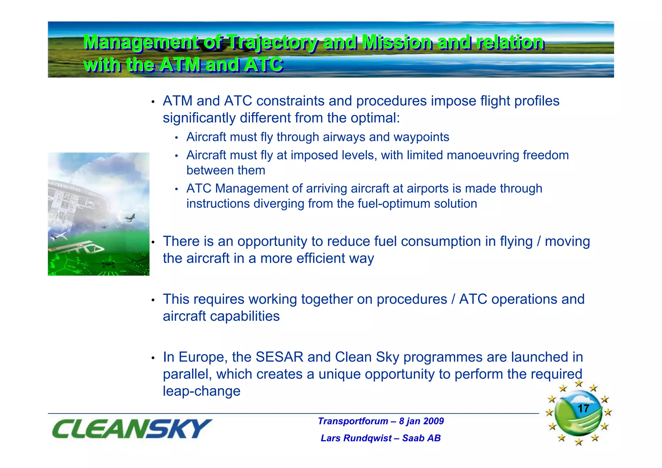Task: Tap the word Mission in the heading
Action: coord(396,42)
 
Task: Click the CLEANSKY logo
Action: coord(132,429)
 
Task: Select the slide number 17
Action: coord(583,408)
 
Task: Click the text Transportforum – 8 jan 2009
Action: coord(380,421)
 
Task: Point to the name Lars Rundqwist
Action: coord(356,438)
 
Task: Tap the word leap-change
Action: coord(201,391)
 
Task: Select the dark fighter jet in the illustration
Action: coord(130,218)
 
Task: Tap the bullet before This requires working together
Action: coord(154,300)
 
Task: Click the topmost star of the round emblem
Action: coord(579,384)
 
